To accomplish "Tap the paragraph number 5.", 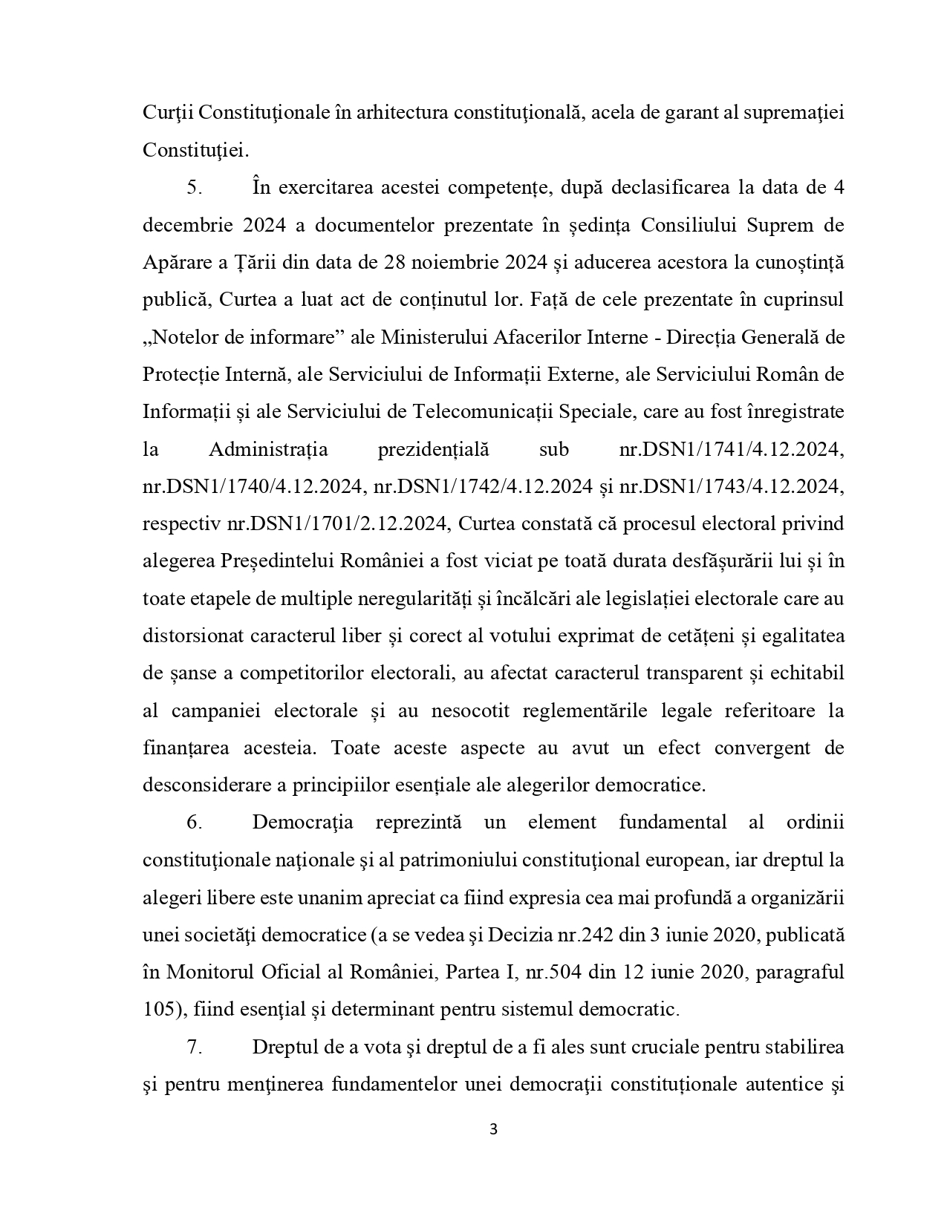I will [x=195, y=187].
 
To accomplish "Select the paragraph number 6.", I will [x=195, y=823].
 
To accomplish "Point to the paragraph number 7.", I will [x=195, y=1048].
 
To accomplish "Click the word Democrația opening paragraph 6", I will [x=302, y=823].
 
